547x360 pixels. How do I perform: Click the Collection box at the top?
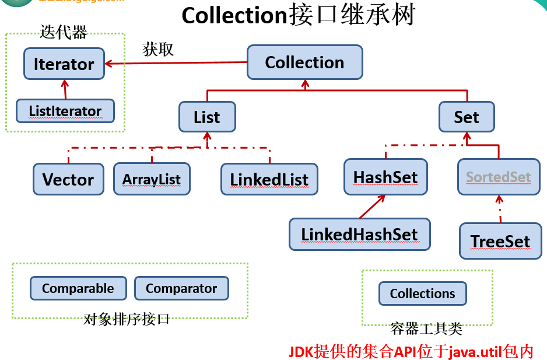304,62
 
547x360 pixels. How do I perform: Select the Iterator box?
64,64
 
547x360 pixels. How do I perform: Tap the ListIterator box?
65,111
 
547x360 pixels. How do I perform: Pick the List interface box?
207,117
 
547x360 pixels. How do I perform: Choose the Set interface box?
466,117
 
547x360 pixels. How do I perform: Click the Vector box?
68,179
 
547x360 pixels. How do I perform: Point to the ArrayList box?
152,179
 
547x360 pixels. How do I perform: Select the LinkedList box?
269,179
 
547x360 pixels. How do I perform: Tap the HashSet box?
385,177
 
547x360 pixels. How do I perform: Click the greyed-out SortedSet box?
499,177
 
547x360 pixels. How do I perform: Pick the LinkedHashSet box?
359,235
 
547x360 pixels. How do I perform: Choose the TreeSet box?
500,241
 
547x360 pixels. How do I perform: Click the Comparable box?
78,288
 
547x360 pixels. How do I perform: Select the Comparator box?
181,288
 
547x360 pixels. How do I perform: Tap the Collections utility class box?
422,293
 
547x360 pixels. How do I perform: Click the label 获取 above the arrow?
158,50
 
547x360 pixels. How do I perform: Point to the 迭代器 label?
64,32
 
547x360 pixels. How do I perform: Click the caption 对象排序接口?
127,319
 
